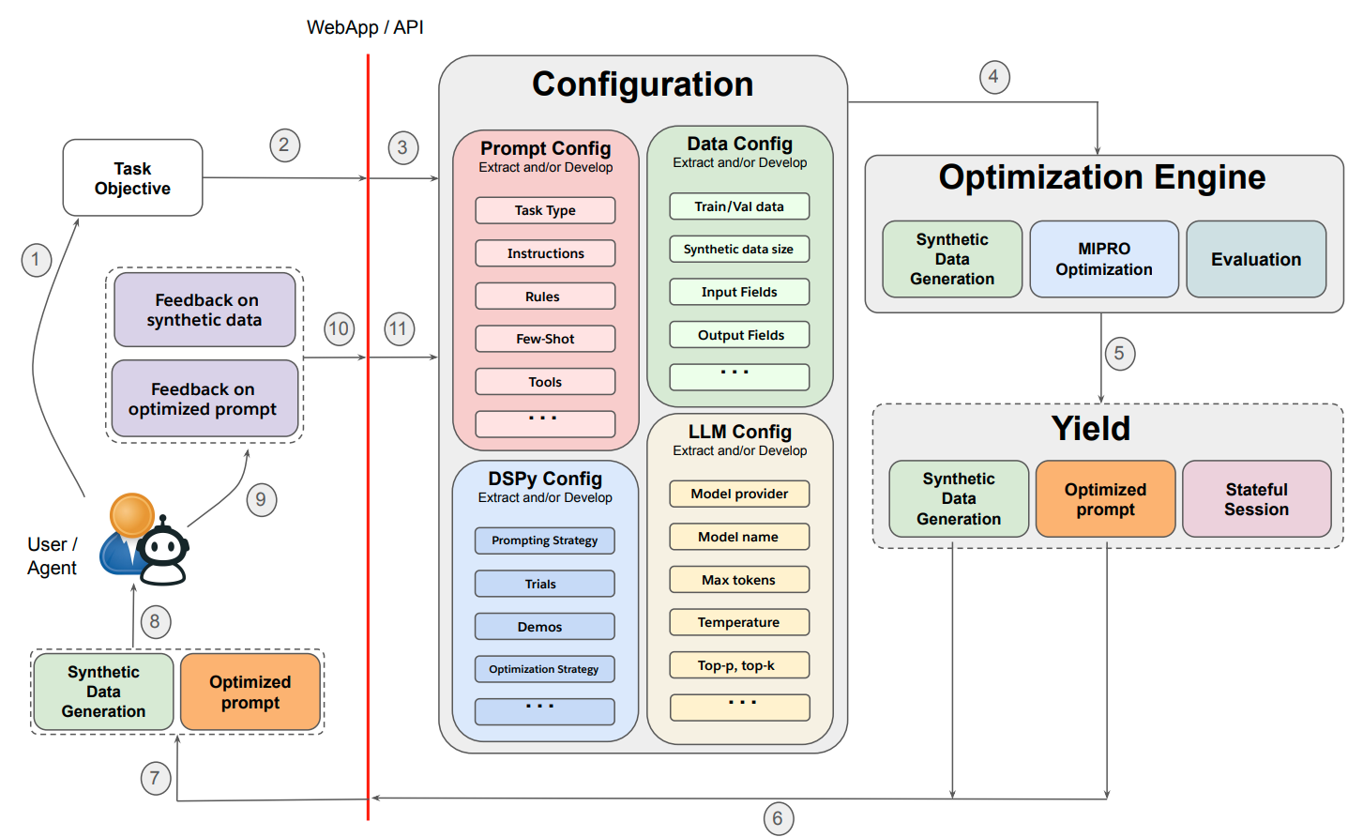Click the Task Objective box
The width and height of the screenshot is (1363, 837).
[x=132, y=177]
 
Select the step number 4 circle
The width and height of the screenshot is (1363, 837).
[x=994, y=77]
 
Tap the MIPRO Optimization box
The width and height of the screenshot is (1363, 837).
[x=1104, y=259]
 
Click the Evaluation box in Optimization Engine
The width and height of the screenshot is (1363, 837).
[x=1256, y=259]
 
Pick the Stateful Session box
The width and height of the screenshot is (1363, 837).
[x=1256, y=499]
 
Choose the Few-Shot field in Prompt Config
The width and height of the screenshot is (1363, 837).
[x=545, y=339]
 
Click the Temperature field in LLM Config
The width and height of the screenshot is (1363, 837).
[x=739, y=622]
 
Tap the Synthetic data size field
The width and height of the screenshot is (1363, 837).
[x=739, y=249]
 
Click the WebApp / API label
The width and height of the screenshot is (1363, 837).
[x=365, y=27]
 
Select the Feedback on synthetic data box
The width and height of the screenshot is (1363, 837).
[x=204, y=310]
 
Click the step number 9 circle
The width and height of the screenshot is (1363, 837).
[x=262, y=500]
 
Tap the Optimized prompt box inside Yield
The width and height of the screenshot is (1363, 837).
[x=1106, y=499]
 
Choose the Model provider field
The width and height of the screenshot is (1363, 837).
[x=739, y=494]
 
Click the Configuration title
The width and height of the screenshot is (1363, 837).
[x=643, y=84]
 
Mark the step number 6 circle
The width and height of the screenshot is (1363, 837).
[x=779, y=819]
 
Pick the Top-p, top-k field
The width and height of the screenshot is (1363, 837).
[x=739, y=665]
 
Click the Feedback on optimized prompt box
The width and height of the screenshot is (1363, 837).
[x=204, y=399]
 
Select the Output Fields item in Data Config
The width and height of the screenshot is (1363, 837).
[x=739, y=335]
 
